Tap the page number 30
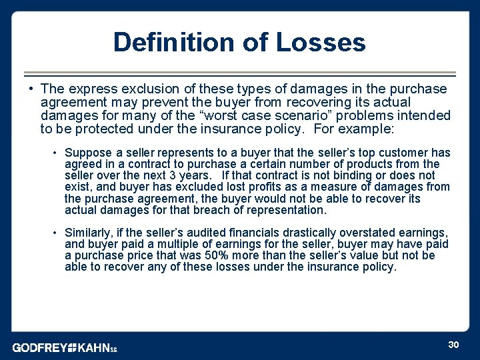coord(453,344)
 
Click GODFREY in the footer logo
coord(39,348)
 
